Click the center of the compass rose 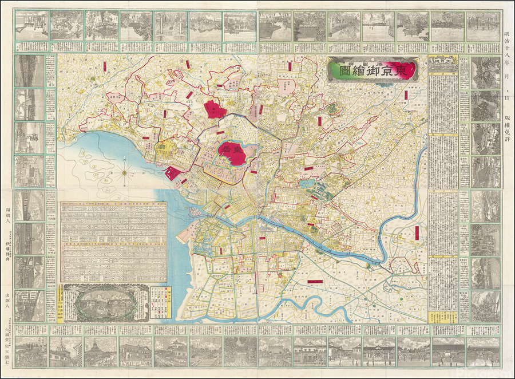(x=125, y=171)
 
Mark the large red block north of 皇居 (x=214, y=109)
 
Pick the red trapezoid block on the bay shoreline (x=173, y=174)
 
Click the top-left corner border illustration (x=31, y=26)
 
